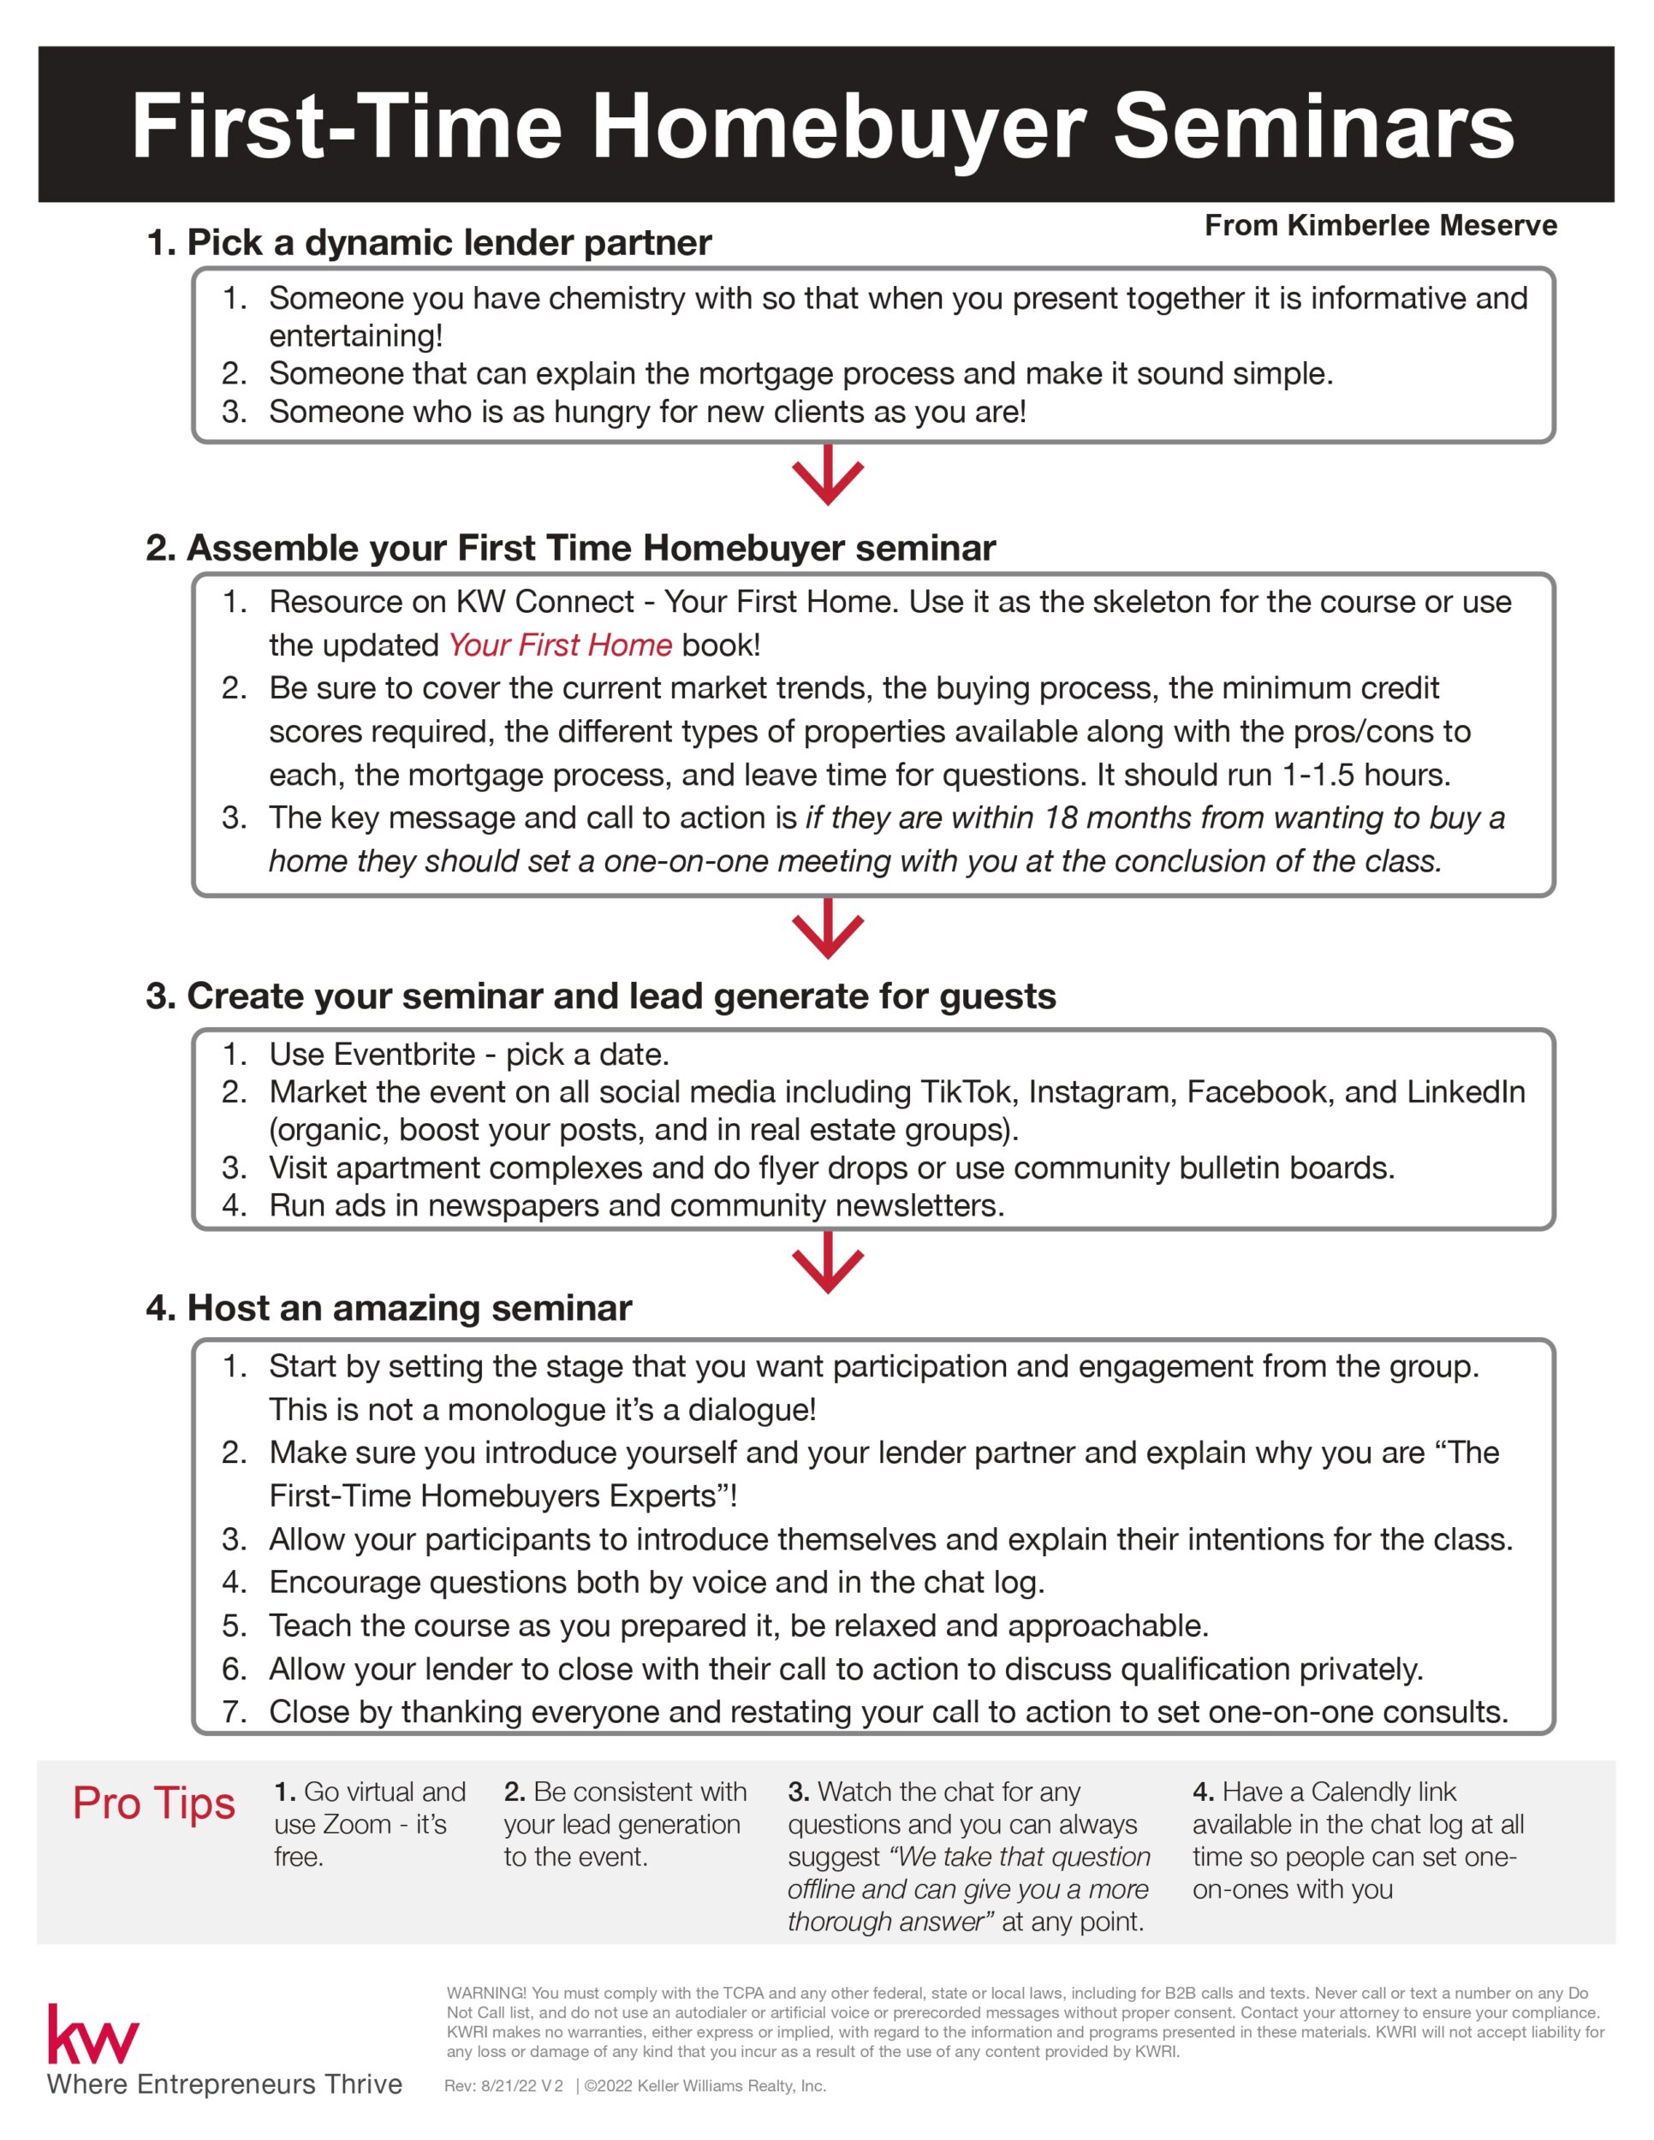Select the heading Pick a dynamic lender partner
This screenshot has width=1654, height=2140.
[x=429, y=243]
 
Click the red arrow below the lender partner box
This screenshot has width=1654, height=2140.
[x=828, y=475]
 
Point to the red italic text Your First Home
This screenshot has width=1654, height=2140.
[x=560, y=645]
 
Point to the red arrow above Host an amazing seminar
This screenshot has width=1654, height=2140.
[x=828, y=1263]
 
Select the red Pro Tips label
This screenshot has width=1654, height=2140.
[x=154, y=1803]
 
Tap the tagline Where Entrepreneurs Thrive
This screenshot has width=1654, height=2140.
[x=224, y=2084]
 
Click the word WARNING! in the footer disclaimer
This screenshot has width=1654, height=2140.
[x=487, y=1993]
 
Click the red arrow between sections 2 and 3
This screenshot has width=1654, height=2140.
[x=828, y=929]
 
